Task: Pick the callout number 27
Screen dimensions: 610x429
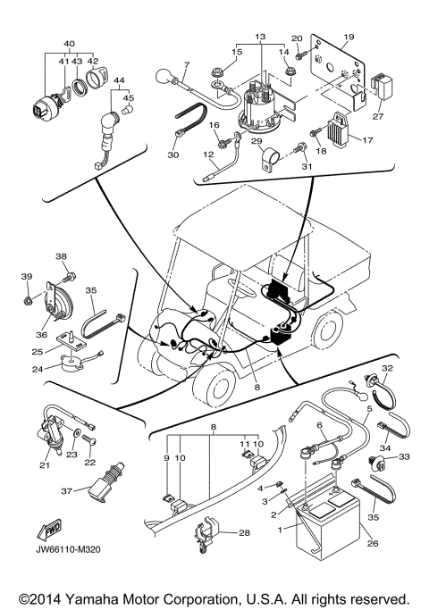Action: tap(379, 114)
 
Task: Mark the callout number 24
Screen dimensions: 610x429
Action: tap(38, 367)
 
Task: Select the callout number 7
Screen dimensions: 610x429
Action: tap(186, 65)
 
